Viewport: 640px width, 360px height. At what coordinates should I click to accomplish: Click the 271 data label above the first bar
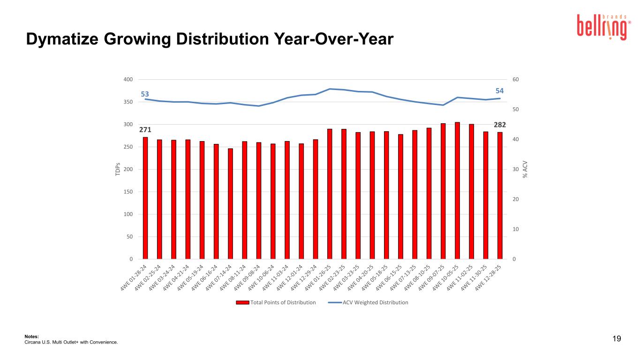145,129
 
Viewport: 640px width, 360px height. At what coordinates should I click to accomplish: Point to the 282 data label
500,124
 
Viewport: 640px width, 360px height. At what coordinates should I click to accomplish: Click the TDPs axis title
118,169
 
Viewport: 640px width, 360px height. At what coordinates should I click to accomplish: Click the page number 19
617,339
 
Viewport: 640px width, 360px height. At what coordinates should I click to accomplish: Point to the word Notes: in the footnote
31,337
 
